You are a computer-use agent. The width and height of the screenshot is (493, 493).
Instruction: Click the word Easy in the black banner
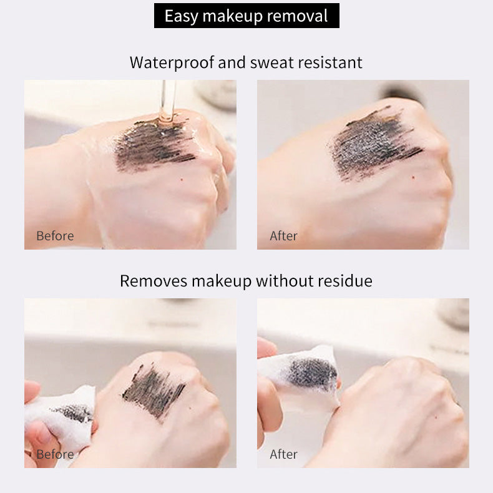[181, 16]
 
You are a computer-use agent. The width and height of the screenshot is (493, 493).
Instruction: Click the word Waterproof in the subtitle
[172, 62]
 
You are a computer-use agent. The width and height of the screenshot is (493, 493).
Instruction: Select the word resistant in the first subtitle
[330, 62]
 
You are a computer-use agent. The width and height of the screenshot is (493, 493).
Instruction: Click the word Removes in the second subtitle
[154, 281]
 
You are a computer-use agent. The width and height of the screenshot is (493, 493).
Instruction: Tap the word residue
[345, 281]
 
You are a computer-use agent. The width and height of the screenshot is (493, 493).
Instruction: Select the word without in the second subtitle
[284, 281]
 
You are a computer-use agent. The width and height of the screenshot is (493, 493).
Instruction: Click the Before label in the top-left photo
[55, 236]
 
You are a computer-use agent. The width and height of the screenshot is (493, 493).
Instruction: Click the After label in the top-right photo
[283, 236]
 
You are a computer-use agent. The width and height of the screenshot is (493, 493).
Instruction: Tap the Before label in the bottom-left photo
[55, 454]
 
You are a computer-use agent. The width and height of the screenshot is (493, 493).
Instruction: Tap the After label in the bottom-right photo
[283, 454]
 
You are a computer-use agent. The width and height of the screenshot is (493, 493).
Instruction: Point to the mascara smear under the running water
[154, 145]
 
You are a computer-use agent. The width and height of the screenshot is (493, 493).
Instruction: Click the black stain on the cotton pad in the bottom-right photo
[311, 374]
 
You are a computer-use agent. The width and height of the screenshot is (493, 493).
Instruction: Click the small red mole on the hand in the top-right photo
[413, 178]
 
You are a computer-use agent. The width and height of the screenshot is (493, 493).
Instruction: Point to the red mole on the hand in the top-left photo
[182, 180]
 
